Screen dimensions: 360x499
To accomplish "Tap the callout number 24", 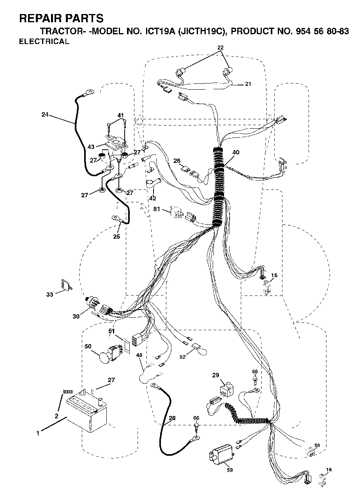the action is coord(45,115).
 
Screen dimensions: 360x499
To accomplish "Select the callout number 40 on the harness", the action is coord(236,152).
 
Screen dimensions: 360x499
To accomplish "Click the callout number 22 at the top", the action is coord(221,48).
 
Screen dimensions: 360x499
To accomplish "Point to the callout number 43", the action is coord(91,147).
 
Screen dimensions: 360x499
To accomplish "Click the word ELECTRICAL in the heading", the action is coord(44,41).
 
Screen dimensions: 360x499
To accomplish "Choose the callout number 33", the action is coord(49,294).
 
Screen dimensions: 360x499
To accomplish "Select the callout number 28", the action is coord(172,418).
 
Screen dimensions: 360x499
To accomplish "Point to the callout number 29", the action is coord(215,375).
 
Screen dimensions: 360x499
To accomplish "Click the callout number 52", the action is coord(182,357).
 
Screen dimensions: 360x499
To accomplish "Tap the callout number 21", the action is coord(248,84).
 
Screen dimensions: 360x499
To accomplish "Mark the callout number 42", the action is coord(152,198).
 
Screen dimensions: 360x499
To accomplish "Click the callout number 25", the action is coord(116,236).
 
